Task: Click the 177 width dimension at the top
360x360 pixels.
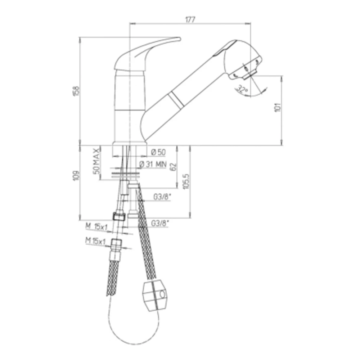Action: [190, 20]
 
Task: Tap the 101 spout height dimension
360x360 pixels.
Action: [277, 107]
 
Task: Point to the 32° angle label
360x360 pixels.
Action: [242, 89]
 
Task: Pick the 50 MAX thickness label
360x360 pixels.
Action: [96, 160]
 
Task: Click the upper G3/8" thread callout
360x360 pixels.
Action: [161, 197]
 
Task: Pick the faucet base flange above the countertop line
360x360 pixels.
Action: [130, 143]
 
